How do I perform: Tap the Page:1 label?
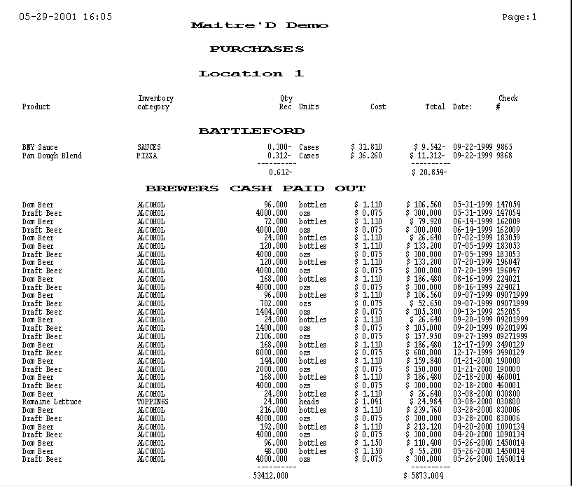click(519, 17)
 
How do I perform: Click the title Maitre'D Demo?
click(259, 26)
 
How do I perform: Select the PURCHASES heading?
click(257, 50)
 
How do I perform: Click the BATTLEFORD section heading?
click(251, 131)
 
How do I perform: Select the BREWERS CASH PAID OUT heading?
click(255, 188)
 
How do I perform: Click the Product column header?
click(36, 107)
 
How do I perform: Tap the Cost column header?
click(378, 107)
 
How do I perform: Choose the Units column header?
click(309, 107)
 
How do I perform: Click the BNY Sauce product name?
click(40, 148)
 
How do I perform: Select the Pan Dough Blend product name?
click(52, 156)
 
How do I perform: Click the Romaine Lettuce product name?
click(52, 402)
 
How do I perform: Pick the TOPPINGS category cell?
click(153, 402)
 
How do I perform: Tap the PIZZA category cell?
click(148, 156)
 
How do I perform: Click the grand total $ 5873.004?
click(424, 476)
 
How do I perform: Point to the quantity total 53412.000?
click(270, 476)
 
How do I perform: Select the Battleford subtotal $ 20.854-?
click(428, 172)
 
